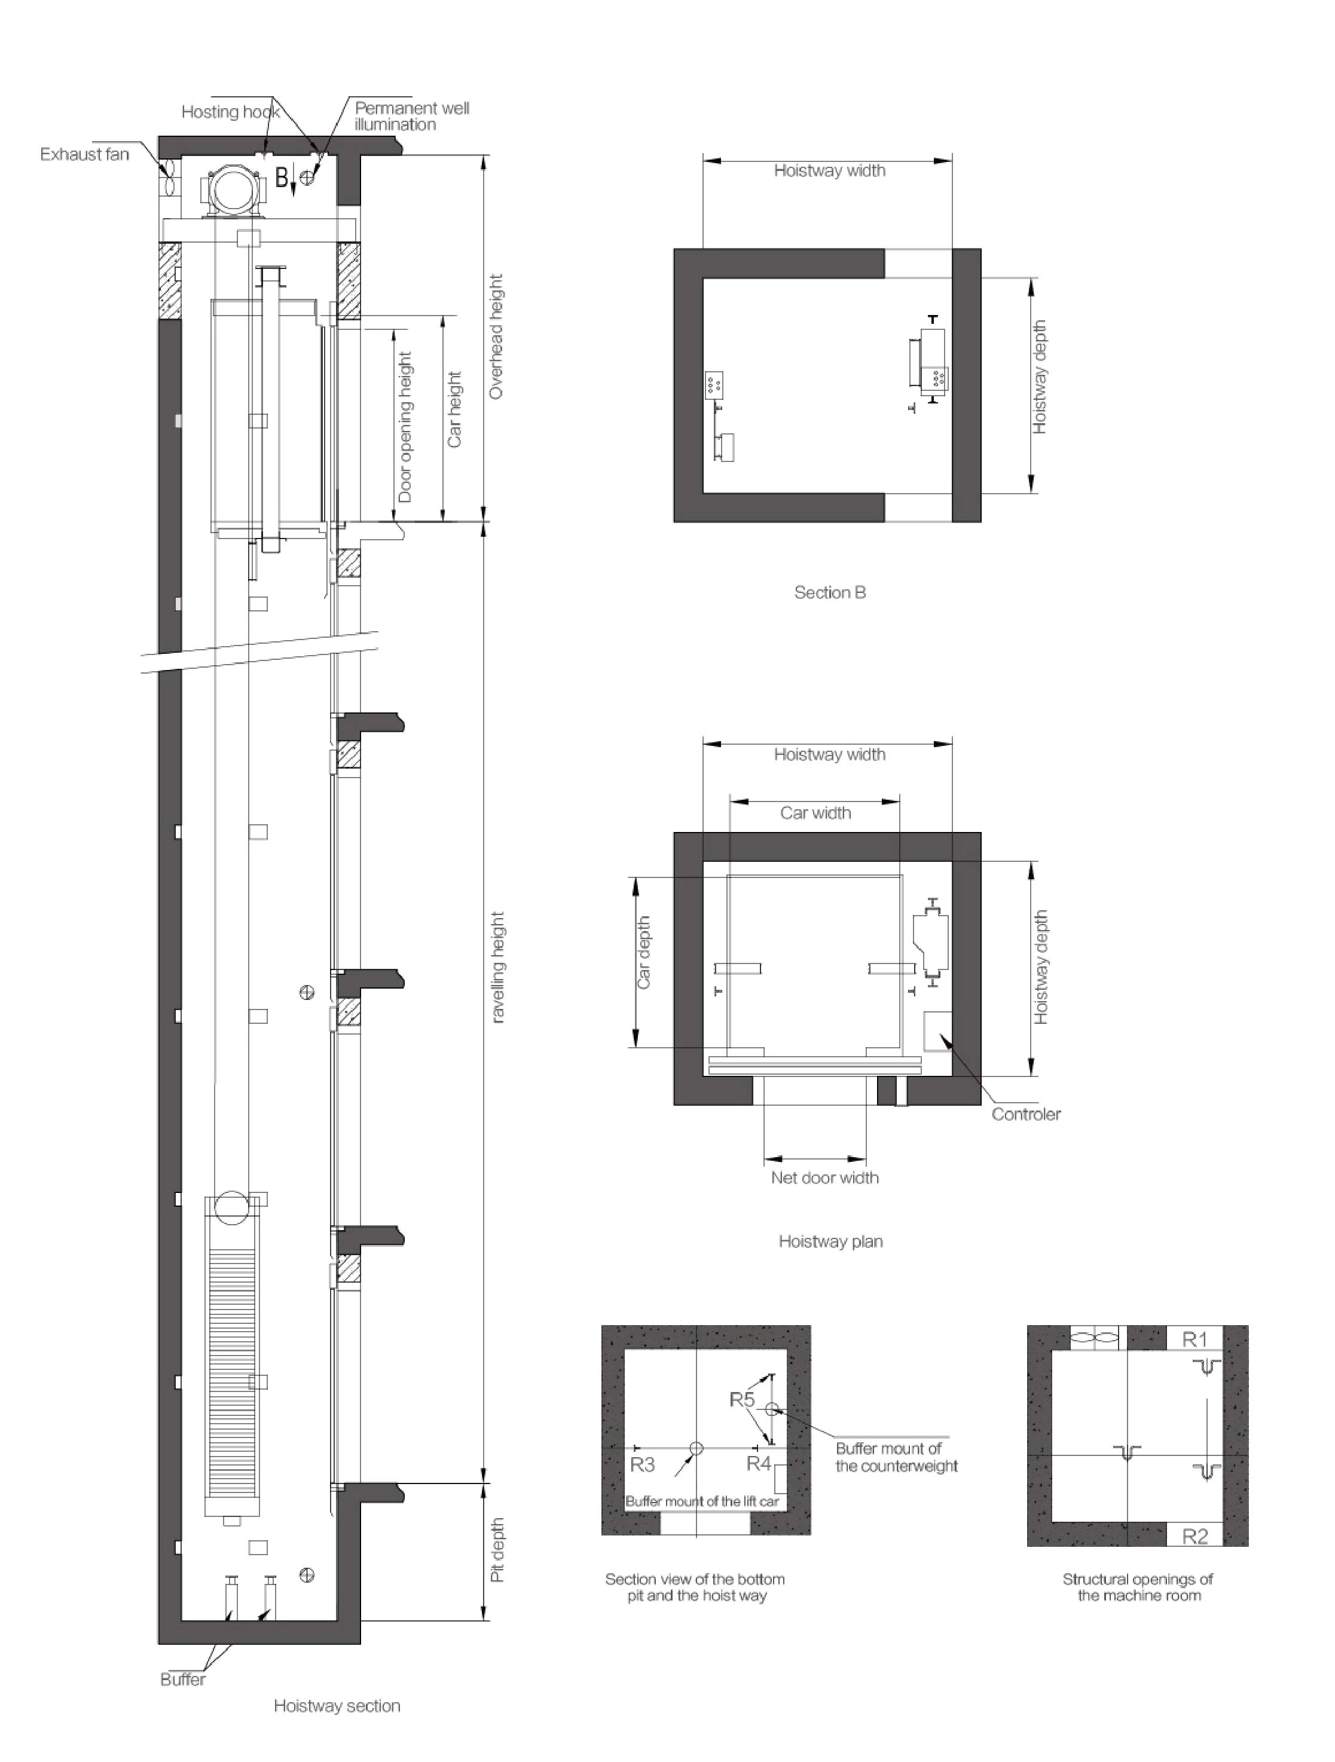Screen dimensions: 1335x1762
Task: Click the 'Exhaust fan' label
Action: (84, 155)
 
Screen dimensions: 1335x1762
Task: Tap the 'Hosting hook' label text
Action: (230, 112)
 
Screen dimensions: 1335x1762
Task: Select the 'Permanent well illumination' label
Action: (412, 117)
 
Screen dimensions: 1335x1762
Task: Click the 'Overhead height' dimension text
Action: (496, 336)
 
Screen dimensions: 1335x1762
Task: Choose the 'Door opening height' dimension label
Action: (405, 427)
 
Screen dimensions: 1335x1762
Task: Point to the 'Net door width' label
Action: (824, 1178)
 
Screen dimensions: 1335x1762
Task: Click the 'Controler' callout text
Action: (1026, 1114)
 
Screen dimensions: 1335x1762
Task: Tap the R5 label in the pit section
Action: (741, 1399)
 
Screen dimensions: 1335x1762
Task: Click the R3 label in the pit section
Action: (642, 1464)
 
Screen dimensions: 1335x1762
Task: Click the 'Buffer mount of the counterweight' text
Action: (896, 1457)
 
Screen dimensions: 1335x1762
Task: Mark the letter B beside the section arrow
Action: (281, 177)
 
